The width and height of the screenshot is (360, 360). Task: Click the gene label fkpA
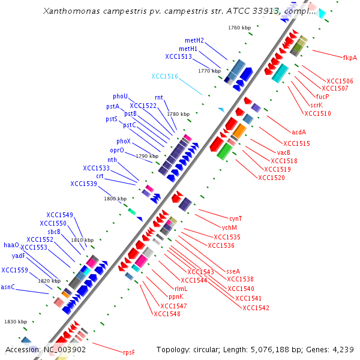click(350, 58)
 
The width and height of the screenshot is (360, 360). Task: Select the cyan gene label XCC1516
click(164, 76)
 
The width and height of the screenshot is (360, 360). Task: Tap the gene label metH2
click(194, 40)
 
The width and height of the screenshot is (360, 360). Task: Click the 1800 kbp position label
click(115, 198)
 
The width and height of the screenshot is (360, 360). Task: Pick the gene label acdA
click(299, 132)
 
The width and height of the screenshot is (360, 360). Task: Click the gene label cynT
click(236, 218)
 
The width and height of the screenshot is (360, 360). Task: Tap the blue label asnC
click(8, 287)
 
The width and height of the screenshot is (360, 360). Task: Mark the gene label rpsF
click(129, 352)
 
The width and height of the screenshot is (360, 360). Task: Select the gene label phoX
click(124, 141)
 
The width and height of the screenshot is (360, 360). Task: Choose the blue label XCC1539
click(83, 184)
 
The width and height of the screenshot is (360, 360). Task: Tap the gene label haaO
click(11, 245)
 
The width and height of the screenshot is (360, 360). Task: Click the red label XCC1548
click(167, 314)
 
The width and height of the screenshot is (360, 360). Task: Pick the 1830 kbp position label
click(16, 322)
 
